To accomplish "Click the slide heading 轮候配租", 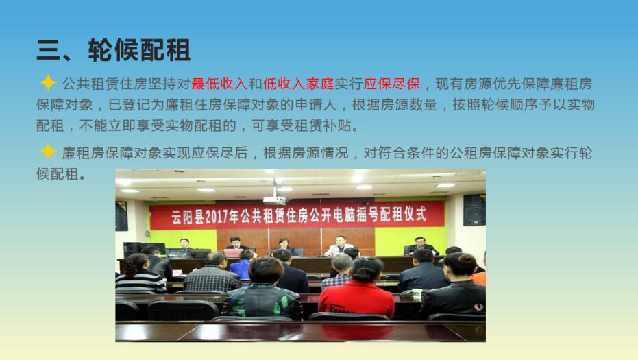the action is pyautogui.click(x=139, y=50).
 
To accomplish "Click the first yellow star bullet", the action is pyautogui.click(x=47, y=83).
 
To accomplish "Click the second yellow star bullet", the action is pyautogui.click(x=47, y=152).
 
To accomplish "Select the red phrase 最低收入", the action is pyautogui.click(x=219, y=84).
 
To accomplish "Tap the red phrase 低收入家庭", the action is pyautogui.click(x=298, y=84).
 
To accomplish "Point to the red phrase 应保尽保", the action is pyautogui.click(x=392, y=84).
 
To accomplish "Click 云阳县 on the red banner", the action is pyautogui.click(x=187, y=217).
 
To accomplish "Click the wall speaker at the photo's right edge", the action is pyautogui.click(x=474, y=210).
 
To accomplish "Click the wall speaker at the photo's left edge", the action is pyautogui.click(x=121, y=216).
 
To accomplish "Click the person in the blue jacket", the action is pyautogui.click(x=242, y=265).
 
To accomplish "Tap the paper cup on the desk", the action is pyautogui.click(x=417, y=294).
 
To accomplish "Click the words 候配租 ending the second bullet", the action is pyautogui.click(x=58, y=174).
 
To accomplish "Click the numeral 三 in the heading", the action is pyautogui.click(x=49, y=50).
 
